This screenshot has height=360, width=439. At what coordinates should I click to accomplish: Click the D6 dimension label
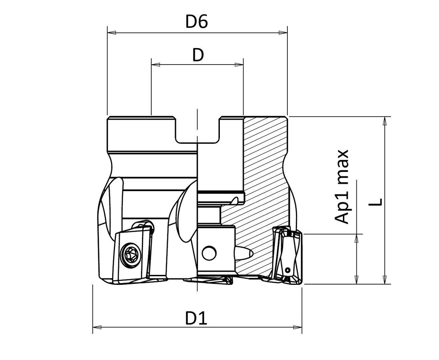coord(197,22)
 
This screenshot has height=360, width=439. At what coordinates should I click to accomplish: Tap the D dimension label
coord(198,55)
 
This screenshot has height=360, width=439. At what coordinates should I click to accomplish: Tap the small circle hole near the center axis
coord(209,253)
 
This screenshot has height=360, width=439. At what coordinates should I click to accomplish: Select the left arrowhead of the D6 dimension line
coord(111,33)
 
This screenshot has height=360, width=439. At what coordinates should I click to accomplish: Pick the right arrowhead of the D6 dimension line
coord(283,33)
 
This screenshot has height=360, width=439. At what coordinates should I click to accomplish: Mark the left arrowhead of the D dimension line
coord(155,65)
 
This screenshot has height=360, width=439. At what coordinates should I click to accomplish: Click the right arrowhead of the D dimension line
coord(239,65)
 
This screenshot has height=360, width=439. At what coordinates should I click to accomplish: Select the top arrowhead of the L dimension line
coord(385,120)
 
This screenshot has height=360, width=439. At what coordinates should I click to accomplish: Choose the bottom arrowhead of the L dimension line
coord(385,280)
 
